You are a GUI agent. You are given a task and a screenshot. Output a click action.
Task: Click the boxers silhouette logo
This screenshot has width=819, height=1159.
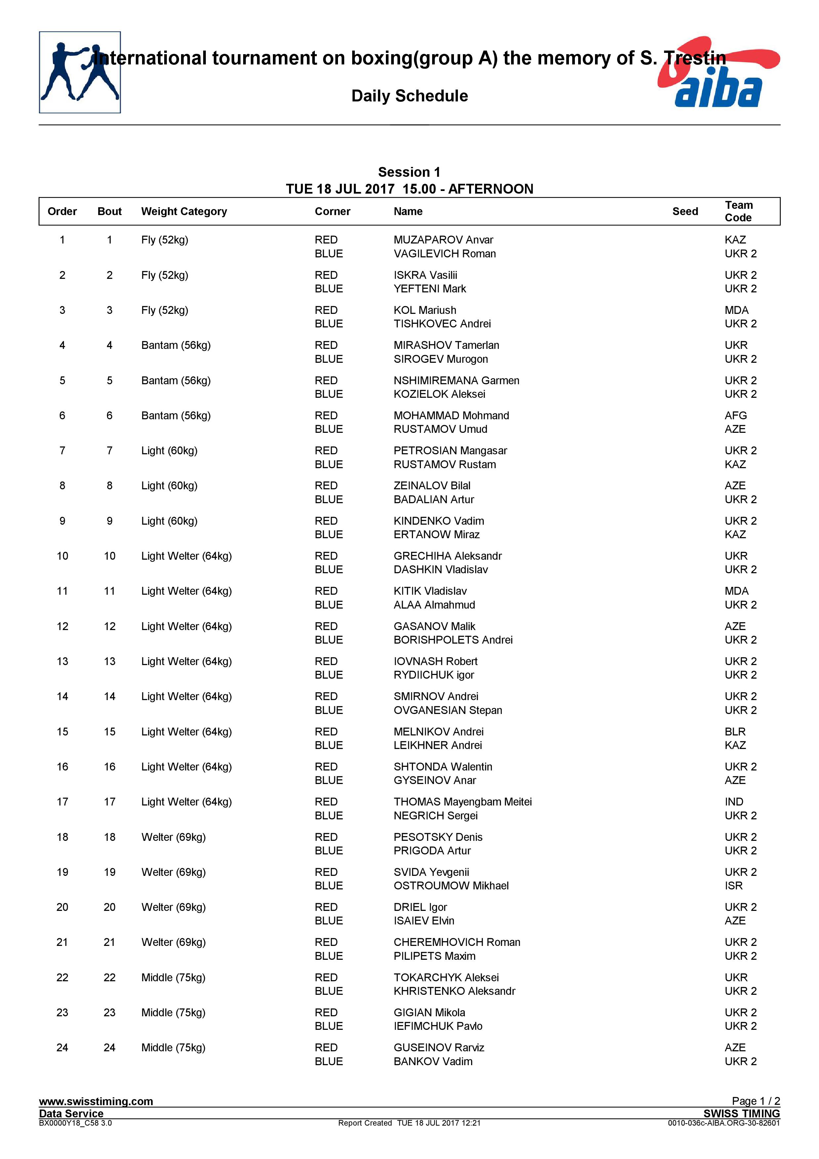tap(80, 72)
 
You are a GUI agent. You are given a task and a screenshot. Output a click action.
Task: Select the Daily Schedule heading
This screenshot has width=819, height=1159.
tap(409, 96)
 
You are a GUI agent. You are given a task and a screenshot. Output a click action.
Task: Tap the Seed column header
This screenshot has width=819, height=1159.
tap(685, 211)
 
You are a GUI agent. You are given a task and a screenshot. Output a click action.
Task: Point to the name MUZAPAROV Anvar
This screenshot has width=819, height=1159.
tap(443, 240)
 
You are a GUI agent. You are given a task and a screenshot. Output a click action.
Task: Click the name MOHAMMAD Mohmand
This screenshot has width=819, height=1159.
tap(451, 415)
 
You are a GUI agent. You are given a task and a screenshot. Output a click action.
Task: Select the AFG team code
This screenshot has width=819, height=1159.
tap(735, 415)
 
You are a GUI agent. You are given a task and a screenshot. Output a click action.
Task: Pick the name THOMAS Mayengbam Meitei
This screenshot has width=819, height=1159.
tap(462, 802)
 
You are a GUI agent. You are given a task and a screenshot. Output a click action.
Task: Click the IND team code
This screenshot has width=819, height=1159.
tap(734, 802)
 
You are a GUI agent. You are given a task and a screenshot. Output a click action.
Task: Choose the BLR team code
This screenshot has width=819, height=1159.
tap(735, 731)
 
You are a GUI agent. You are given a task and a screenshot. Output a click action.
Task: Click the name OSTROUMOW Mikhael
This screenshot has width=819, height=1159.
tap(451, 885)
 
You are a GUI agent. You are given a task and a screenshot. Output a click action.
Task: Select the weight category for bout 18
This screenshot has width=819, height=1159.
tap(173, 837)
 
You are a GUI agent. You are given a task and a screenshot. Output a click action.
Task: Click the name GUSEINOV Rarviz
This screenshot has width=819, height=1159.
tap(438, 1047)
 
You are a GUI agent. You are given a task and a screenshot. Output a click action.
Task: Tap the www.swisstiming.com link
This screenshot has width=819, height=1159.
tap(96, 1101)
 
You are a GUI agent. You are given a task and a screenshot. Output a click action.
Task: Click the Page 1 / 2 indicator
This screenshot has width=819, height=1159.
tap(756, 1101)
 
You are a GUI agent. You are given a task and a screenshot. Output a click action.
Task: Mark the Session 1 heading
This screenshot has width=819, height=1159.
tap(409, 172)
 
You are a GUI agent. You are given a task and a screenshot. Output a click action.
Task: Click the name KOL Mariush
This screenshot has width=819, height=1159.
tap(425, 310)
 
